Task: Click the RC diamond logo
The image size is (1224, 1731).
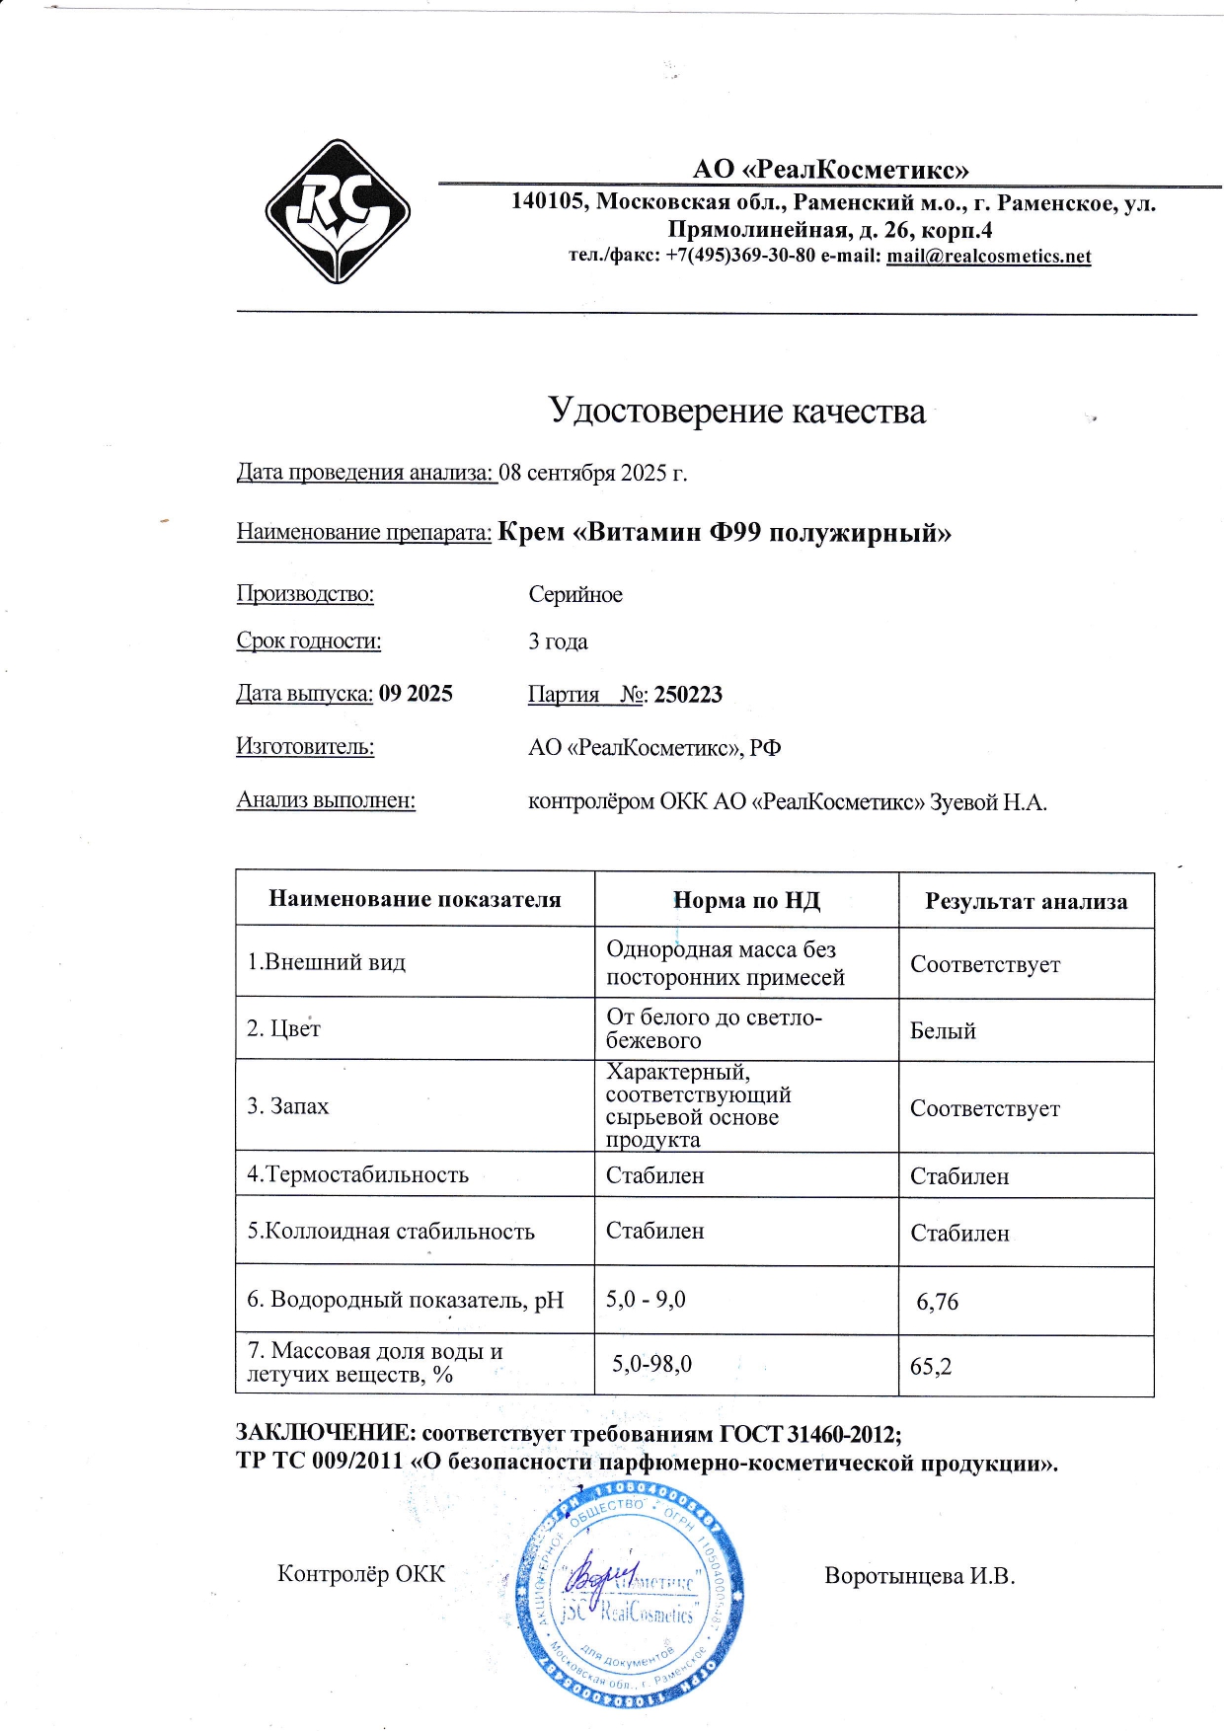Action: click(338, 211)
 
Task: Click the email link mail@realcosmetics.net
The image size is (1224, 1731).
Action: click(988, 257)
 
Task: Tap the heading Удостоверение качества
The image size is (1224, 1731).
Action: click(736, 411)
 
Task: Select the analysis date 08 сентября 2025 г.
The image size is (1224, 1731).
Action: click(592, 473)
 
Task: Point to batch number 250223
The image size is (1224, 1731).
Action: click(688, 695)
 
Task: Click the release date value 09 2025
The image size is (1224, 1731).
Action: click(416, 694)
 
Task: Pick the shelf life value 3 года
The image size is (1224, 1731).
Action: click(558, 641)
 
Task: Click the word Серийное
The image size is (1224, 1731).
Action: click(574, 594)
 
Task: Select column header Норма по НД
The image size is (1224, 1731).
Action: click(746, 900)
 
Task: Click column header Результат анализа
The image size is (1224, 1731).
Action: click(1026, 901)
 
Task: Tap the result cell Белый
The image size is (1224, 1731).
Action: click(943, 1031)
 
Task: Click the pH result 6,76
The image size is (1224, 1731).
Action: click(937, 1302)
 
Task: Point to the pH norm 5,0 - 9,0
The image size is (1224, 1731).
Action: click(646, 1300)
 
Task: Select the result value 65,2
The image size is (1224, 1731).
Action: click(931, 1367)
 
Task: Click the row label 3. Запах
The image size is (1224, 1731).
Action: click(287, 1106)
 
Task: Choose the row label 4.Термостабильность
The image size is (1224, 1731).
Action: click(357, 1175)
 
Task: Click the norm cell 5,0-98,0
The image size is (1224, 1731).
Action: click(651, 1364)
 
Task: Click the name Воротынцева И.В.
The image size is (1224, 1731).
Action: click(919, 1576)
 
